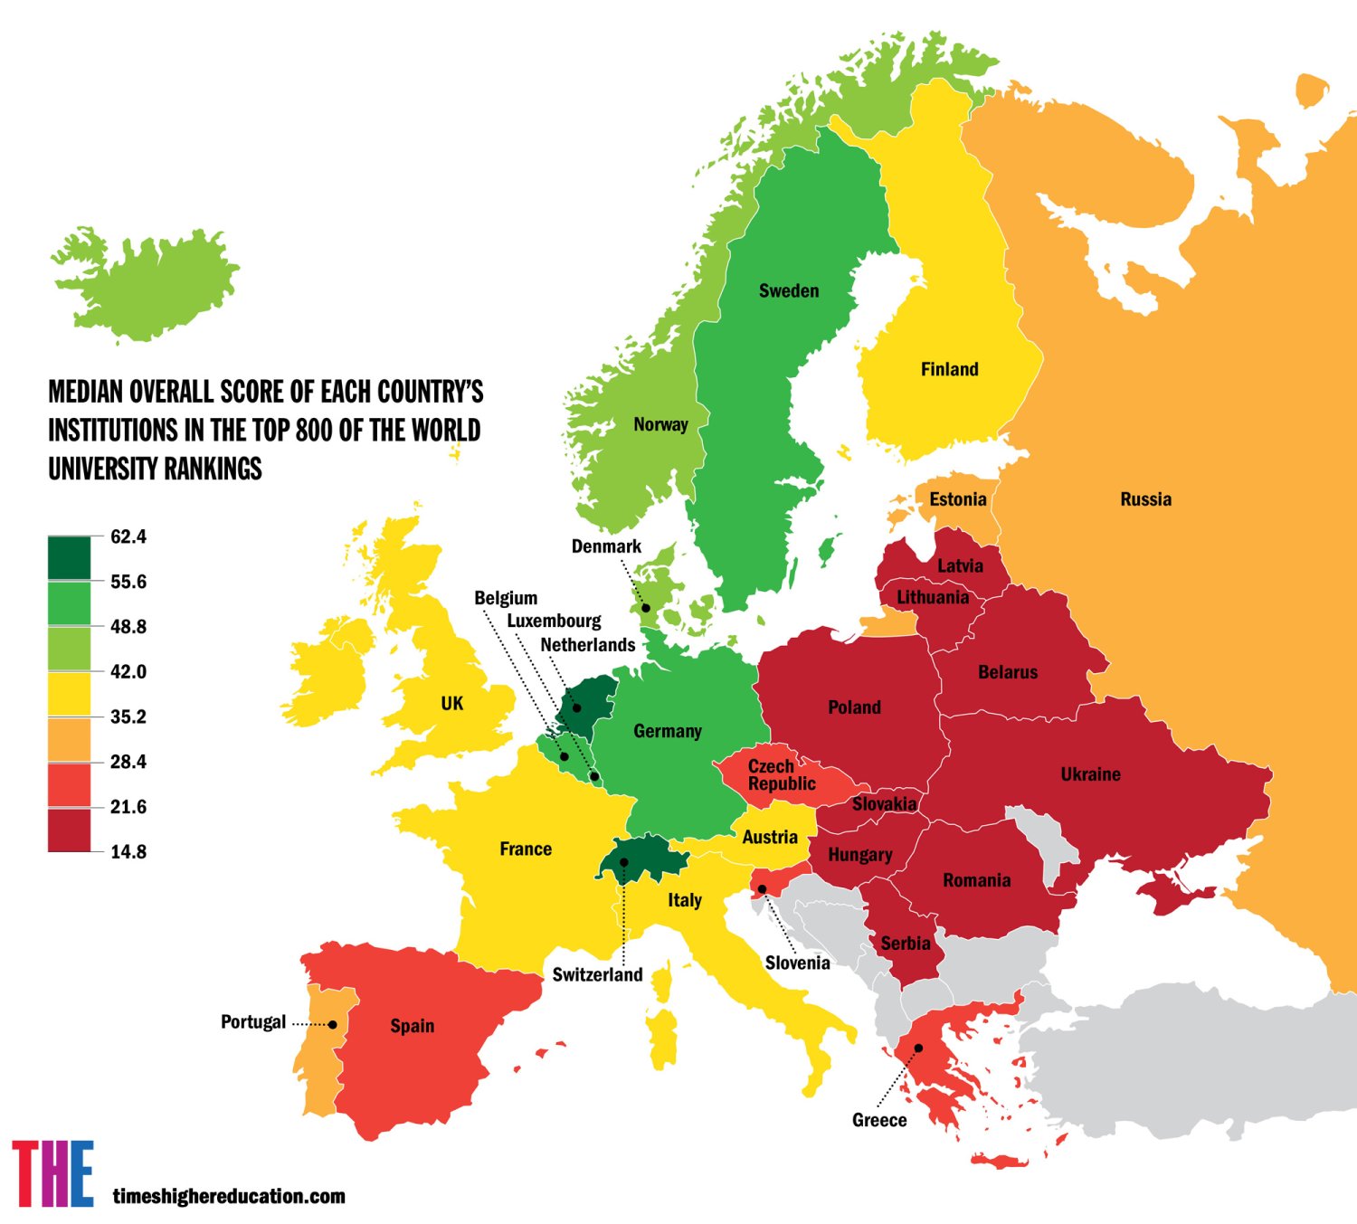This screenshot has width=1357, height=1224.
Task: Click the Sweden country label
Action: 789,290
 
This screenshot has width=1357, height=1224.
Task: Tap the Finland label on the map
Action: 949,369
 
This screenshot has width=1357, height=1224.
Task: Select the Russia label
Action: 1145,499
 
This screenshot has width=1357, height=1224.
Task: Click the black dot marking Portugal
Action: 333,1024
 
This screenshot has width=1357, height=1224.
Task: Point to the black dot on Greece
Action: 918,1048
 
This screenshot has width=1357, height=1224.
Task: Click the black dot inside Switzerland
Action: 624,862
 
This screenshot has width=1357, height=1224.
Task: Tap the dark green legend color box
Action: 69,557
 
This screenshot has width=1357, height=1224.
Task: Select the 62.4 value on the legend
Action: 128,536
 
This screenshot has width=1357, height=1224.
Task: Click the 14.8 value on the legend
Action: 128,851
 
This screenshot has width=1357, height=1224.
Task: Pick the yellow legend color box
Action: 69,693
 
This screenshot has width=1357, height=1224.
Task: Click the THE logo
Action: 52,1173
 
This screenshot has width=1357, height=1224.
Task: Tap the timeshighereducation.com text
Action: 229,1196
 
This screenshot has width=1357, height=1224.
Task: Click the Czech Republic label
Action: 781,775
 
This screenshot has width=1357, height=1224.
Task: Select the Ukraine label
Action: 1090,774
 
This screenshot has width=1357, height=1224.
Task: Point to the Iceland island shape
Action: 145,285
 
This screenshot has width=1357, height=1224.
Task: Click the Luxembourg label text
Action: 554,621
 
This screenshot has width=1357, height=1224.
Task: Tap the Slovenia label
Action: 797,963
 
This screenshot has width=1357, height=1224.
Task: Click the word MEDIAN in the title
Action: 86,392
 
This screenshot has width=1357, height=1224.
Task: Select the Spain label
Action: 412,1026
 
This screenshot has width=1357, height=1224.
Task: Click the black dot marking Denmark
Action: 646,608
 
